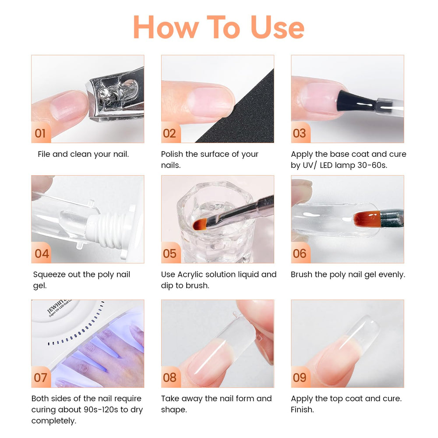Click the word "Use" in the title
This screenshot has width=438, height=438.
click(277, 27)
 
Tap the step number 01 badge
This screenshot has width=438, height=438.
click(41, 133)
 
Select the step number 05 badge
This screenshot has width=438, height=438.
click(170, 253)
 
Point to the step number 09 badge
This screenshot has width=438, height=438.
click(300, 377)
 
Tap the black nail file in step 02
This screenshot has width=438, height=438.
click(240, 112)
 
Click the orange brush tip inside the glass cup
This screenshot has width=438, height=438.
click(200, 224)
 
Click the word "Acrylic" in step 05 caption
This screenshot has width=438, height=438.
click(192, 275)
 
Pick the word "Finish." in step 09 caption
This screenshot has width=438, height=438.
click(302, 410)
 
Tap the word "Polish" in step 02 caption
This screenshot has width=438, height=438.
click(172, 154)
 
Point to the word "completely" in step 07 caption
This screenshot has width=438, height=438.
click(53, 421)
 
